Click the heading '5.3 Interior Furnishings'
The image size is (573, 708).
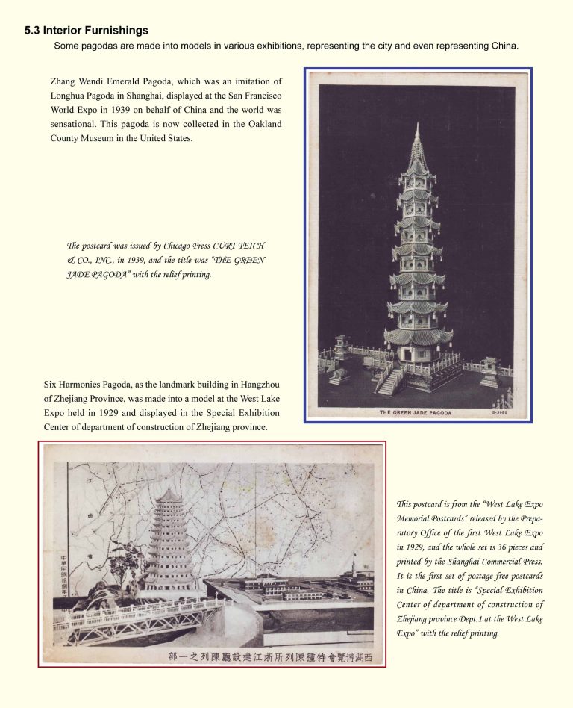[87, 31]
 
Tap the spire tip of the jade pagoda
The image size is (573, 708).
[417, 126]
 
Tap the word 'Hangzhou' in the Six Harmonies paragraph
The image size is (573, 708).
[260, 385]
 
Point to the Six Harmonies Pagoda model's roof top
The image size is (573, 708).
[169, 493]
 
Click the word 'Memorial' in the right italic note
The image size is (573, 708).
[420, 519]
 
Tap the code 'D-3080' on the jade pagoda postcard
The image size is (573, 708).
[501, 412]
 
